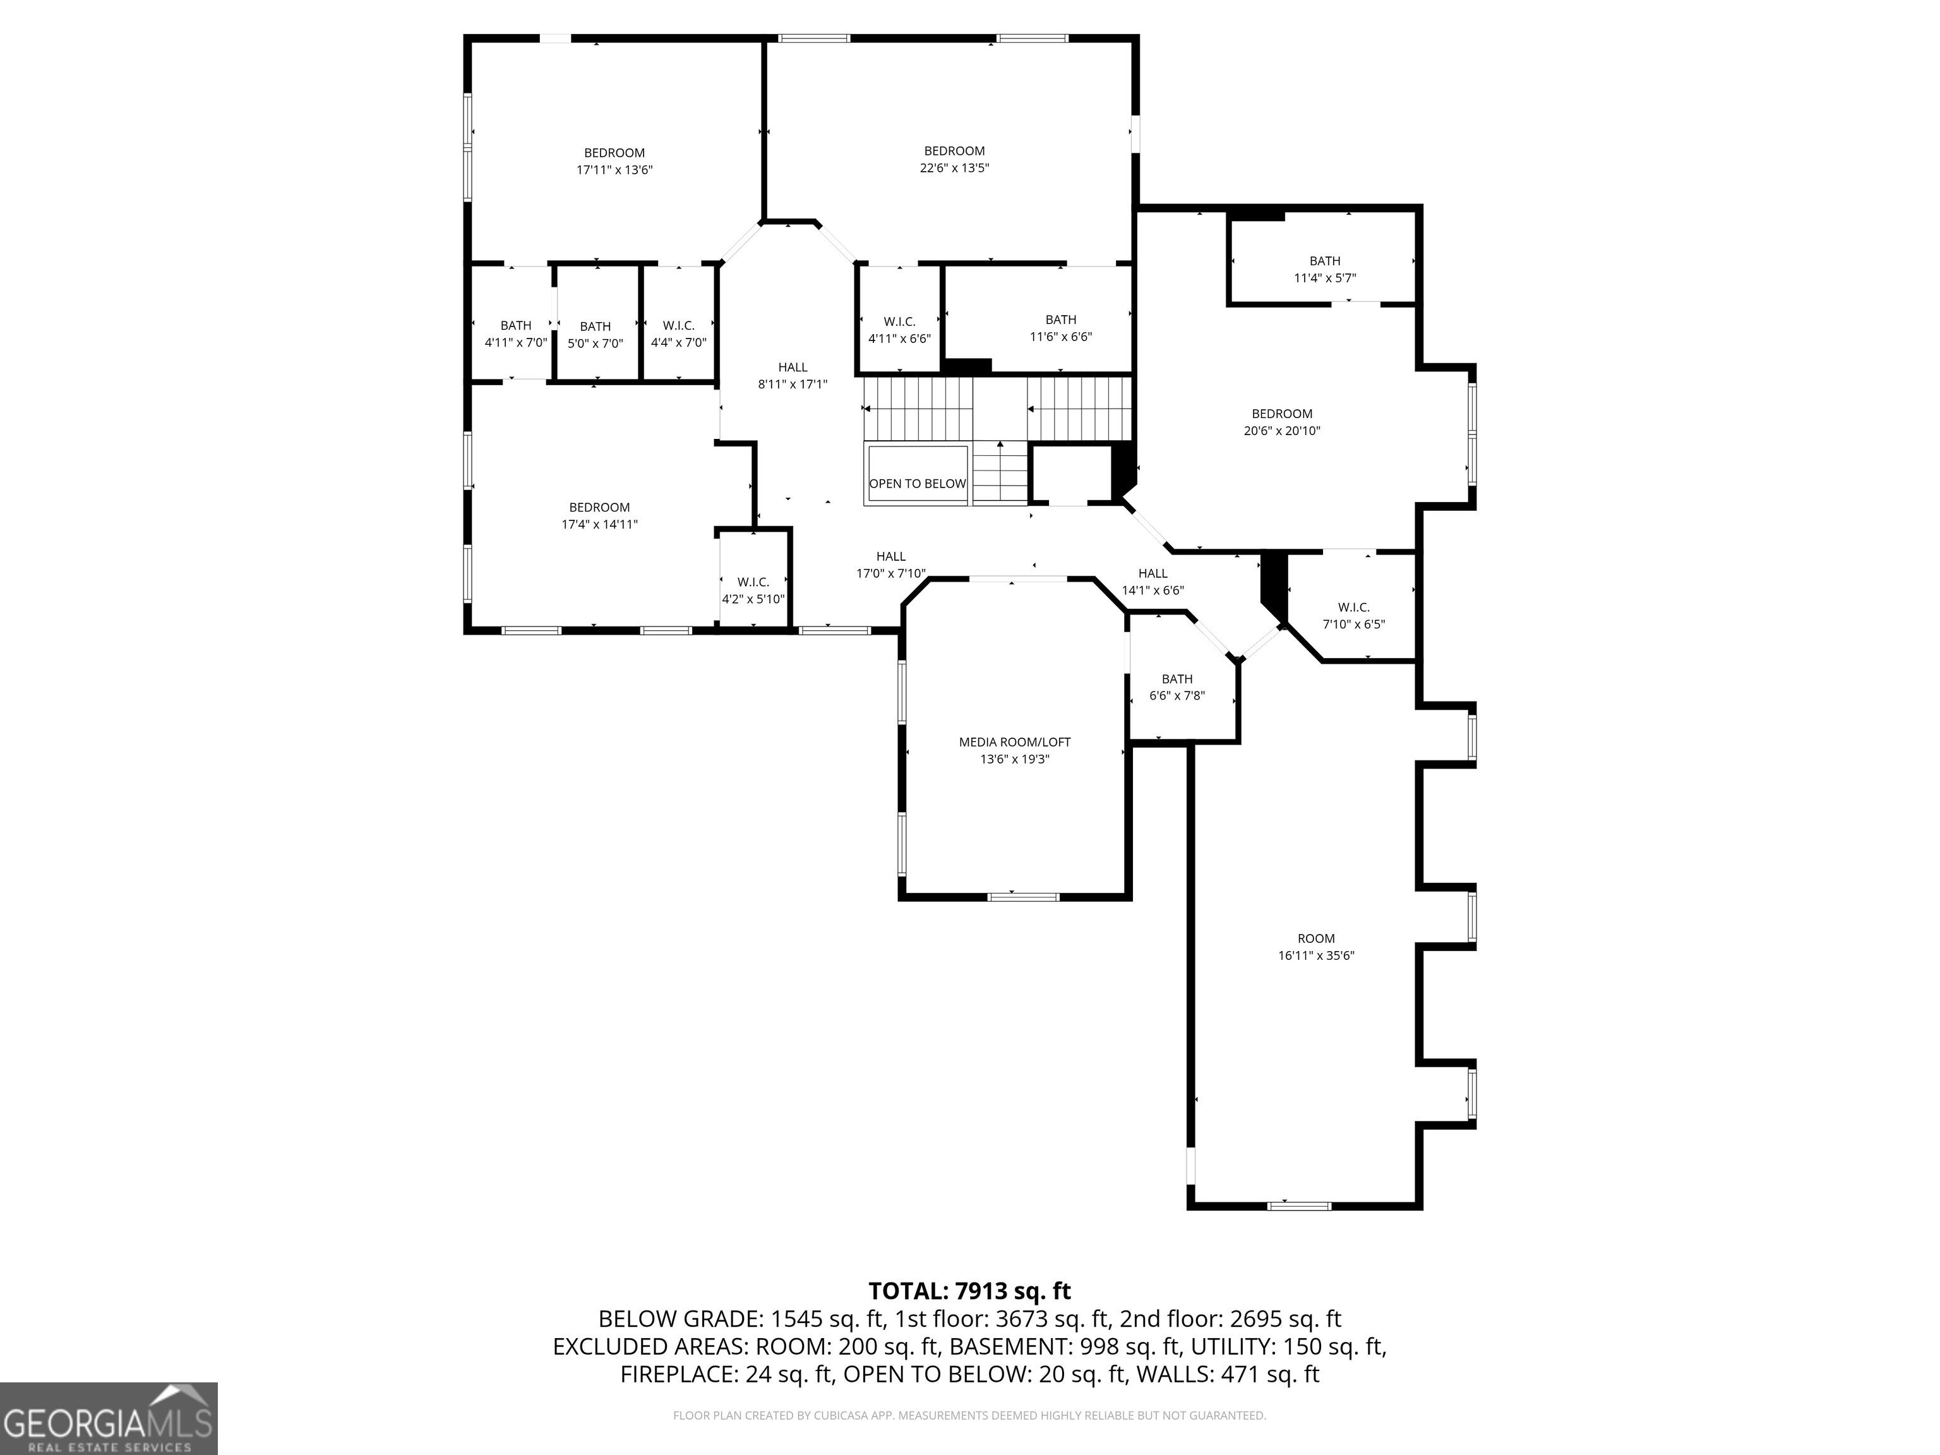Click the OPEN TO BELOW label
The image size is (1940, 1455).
918,483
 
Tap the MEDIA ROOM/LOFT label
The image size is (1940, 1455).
1015,742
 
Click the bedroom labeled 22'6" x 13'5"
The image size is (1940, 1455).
954,159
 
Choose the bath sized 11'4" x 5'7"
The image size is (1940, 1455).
1324,269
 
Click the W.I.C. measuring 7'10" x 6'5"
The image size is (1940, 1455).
1353,616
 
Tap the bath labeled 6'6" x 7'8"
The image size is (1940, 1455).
1177,686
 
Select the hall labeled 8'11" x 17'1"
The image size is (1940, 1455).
793,375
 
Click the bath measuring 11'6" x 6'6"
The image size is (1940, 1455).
1060,328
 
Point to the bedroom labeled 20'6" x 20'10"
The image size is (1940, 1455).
1281,422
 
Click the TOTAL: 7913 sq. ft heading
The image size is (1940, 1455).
969,1291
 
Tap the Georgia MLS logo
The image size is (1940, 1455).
109,1418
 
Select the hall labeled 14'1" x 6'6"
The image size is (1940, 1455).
1153,582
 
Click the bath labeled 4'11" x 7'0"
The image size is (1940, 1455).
516,334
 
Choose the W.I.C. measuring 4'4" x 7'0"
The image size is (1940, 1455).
678,334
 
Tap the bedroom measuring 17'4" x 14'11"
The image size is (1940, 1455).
599,516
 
